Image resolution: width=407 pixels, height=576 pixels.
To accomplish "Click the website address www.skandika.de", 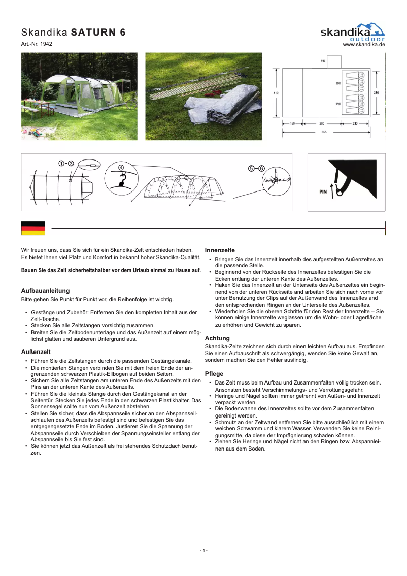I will coord(364,45).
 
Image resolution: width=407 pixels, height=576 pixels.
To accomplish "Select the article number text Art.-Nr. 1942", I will coord(37,44).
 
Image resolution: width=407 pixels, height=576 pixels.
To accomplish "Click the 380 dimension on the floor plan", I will coord(376,93).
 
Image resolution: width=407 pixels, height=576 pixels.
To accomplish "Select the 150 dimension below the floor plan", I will coord(293,123).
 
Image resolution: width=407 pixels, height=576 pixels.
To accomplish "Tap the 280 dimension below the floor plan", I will coord(322,123).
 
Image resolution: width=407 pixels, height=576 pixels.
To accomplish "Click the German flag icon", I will coord(33,228).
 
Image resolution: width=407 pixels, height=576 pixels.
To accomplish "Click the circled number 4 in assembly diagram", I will coord(121,167).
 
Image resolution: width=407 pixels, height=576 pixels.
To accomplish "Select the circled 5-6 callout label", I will coord(256,168).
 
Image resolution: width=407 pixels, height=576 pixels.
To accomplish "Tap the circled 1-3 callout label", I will coord(66,163).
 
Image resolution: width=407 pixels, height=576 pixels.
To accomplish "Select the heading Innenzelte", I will coord(220,250).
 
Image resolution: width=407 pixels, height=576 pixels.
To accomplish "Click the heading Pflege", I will coord(214,373).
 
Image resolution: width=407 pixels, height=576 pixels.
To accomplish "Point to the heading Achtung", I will coord(217,338).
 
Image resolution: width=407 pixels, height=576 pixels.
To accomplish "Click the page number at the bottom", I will coord(203,550).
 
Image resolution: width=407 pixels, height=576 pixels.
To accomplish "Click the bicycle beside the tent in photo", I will coord(131,103).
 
